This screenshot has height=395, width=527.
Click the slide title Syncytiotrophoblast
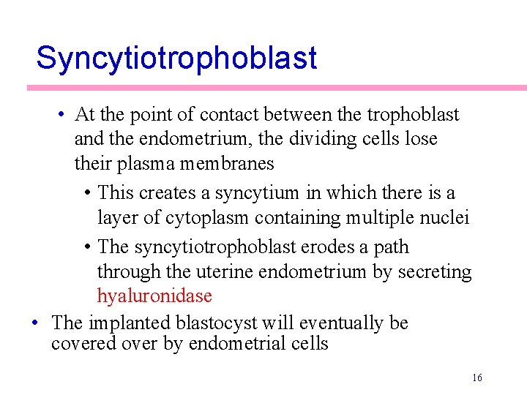click(x=176, y=58)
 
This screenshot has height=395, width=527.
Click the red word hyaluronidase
click(x=154, y=296)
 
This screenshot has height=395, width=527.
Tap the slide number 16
click(x=477, y=377)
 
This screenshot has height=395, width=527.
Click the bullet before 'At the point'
click(x=65, y=115)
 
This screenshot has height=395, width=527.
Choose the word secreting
click(x=435, y=272)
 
